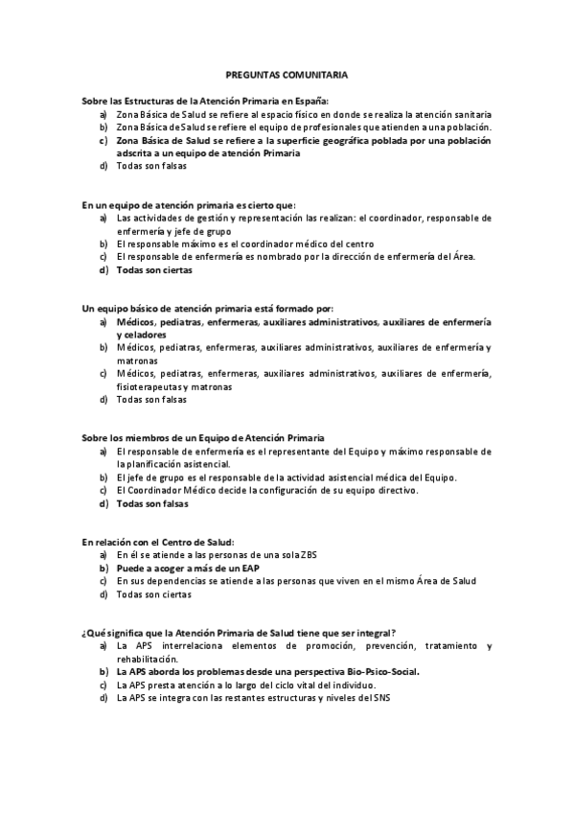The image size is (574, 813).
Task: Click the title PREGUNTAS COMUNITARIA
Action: coord(287,73)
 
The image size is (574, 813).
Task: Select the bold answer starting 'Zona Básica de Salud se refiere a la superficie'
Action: coord(303,140)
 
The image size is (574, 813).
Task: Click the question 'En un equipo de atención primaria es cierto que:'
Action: coord(189,204)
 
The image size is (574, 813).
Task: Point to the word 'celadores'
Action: coord(140,335)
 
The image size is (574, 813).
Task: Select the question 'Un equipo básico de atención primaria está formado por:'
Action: coord(207,309)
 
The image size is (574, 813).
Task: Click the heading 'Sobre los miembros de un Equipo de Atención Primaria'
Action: coord(203,437)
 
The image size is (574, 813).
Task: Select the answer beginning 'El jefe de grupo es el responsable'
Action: coord(287,476)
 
